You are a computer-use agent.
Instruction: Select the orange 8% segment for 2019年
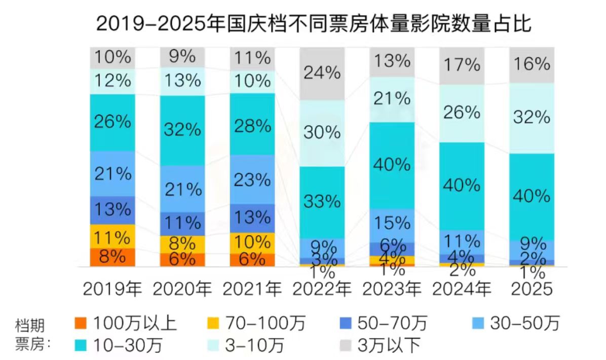112,257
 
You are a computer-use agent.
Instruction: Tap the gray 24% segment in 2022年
322,74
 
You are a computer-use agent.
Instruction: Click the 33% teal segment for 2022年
322,202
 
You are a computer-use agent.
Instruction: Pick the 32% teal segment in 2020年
182,130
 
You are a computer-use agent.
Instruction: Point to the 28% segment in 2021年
252,125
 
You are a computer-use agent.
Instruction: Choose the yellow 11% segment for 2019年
112,236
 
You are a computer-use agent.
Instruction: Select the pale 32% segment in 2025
531,118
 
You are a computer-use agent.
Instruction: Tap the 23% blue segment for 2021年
252,179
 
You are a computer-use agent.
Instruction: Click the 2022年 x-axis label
322,289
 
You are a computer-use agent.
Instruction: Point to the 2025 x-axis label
531,289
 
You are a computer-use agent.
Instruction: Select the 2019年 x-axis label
112,289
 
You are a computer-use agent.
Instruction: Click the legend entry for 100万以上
127,323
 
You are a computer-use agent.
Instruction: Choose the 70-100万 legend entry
258,323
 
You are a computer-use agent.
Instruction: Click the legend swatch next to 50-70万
345,323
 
